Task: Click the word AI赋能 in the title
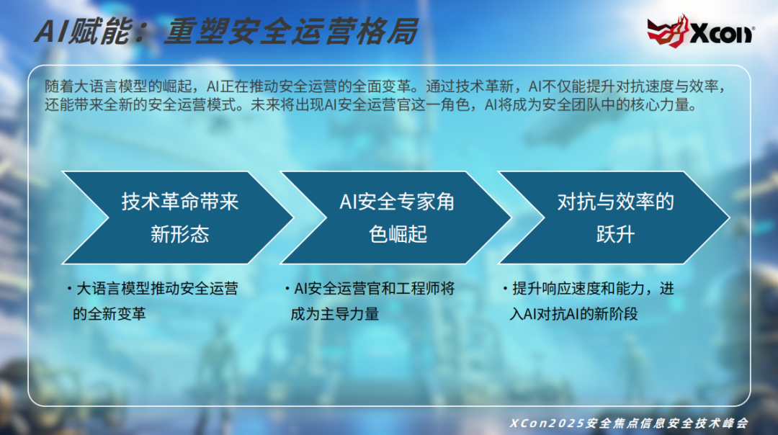[x=83, y=31]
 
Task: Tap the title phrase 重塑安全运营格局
[x=291, y=31]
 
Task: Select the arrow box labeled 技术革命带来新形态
[x=177, y=217]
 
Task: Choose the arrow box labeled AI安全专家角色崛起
[x=395, y=217]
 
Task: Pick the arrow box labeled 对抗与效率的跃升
[x=614, y=217]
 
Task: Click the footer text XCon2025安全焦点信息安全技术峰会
[x=629, y=423]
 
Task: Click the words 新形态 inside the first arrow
[x=179, y=234]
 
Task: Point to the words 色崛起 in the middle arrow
[x=398, y=234]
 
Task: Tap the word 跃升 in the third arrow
[x=615, y=234]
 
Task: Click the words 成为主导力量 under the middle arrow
[x=335, y=314]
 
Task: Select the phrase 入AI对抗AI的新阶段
[x=573, y=314]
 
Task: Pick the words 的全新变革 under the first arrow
[x=109, y=314]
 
